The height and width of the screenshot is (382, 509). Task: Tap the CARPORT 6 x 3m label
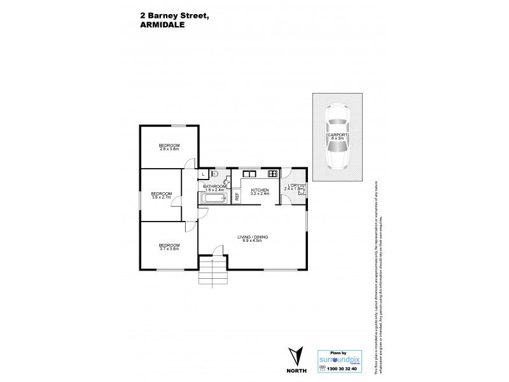tap(337, 138)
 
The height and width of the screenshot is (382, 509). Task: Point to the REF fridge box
tap(237, 197)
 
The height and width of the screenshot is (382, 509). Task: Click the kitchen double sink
tap(249, 173)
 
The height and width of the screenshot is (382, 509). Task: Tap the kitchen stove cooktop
tap(273, 173)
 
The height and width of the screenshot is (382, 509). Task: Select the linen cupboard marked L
tap(202, 173)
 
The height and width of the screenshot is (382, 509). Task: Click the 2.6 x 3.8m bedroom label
tap(169, 147)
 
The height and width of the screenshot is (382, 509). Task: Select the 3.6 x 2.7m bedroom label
tap(162, 195)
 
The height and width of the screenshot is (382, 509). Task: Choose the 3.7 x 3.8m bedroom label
tap(169, 246)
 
